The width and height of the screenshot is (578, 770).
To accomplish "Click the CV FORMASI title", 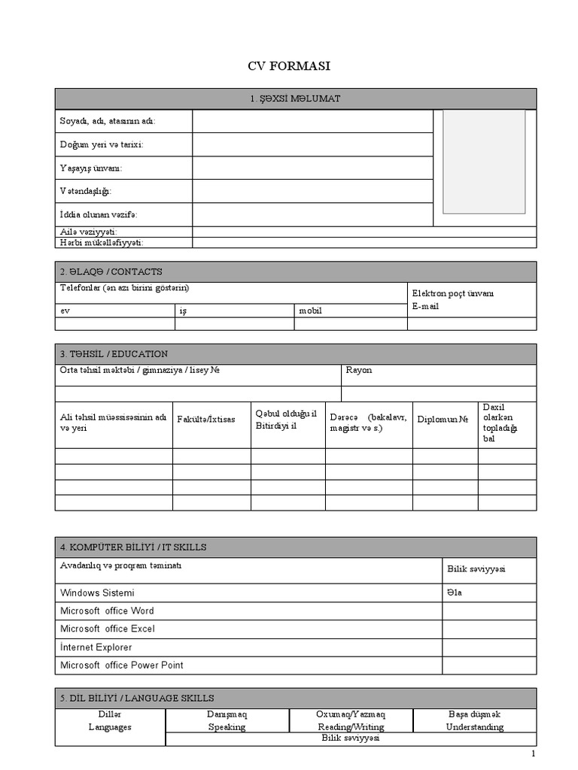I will (289, 66).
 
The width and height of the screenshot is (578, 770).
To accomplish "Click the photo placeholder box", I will (483, 161).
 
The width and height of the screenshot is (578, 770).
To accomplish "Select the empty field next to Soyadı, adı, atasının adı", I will (312, 122).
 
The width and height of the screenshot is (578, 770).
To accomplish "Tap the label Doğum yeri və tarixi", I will (102, 144).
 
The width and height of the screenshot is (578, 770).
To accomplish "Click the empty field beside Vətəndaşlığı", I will (312, 191).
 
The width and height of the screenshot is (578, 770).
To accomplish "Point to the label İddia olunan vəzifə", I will (99, 214).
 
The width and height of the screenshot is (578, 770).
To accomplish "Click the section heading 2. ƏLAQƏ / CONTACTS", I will (111, 271).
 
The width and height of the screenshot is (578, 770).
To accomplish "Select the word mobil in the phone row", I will (310, 310).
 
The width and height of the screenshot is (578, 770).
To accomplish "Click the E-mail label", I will (425, 307).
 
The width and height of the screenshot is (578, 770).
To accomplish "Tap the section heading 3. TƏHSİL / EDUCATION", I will (114, 354).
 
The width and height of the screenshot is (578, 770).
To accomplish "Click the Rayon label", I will (358, 370).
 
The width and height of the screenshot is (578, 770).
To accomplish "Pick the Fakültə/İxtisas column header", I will (205, 419).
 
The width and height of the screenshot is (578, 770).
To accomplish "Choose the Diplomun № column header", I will (443, 419).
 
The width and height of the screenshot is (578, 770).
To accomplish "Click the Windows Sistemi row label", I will (97, 593).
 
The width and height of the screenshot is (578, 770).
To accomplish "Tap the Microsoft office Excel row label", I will (108, 629).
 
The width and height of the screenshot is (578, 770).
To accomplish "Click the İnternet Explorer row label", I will (96, 647).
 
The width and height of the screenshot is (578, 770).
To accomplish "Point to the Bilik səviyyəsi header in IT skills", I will (476, 568).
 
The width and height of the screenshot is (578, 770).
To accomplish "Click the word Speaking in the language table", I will (227, 727).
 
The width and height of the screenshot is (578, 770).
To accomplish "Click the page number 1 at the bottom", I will (534, 754).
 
